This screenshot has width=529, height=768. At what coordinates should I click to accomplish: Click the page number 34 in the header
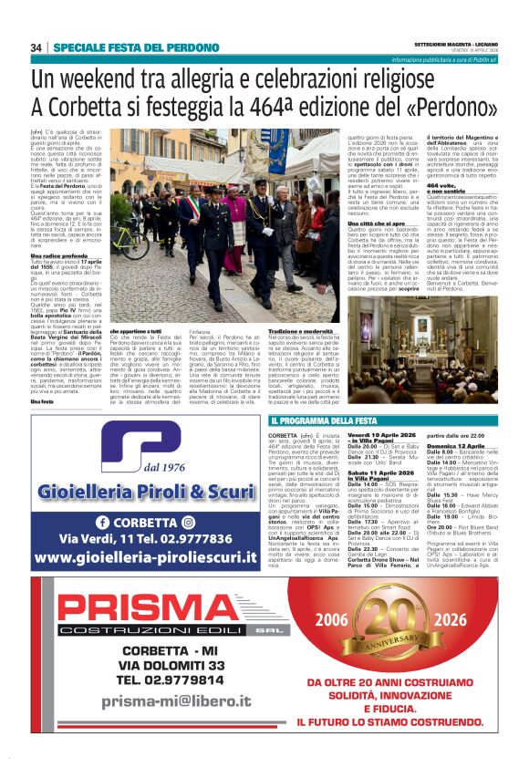point(36,47)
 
